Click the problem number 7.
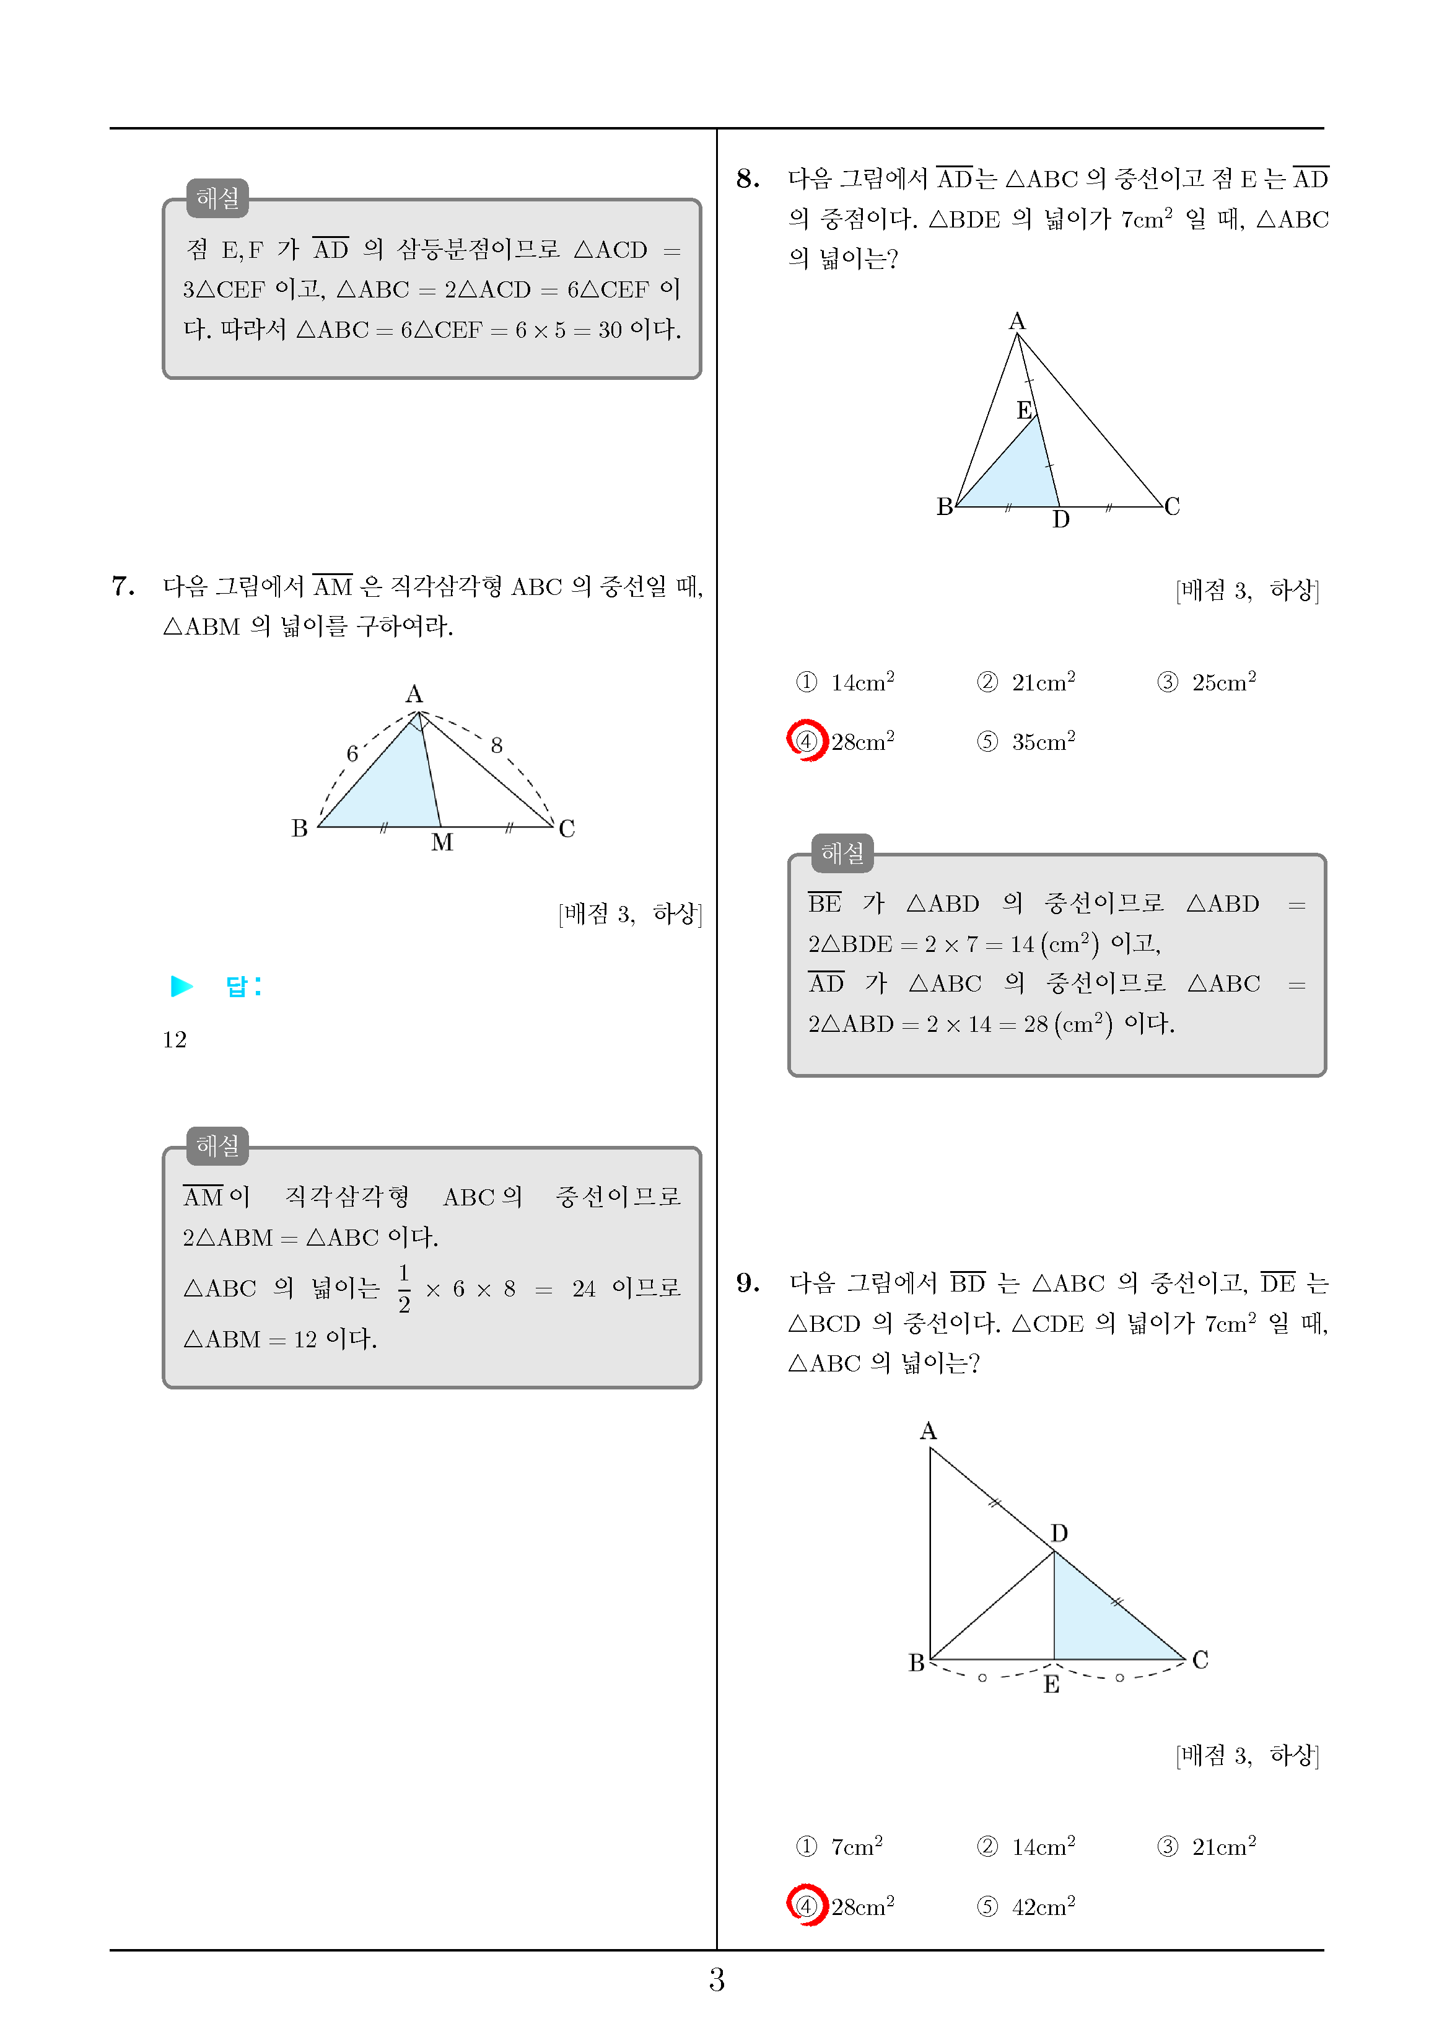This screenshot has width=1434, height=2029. pyautogui.click(x=123, y=586)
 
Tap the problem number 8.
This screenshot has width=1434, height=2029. pyautogui.click(x=748, y=179)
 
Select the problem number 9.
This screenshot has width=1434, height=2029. pyautogui.click(x=748, y=1283)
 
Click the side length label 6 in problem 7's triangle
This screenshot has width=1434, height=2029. pyautogui.click(x=352, y=754)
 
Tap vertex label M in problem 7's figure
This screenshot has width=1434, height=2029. pyautogui.click(x=442, y=843)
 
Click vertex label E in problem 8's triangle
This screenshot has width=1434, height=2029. pyautogui.click(x=1024, y=411)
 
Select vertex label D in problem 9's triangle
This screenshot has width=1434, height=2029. pyautogui.click(x=1059, y=1533)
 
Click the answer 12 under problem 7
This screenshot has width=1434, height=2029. pyautogui.click(x=175, y=1040)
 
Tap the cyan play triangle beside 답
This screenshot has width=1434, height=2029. pyautogui.click(x=182, y=986)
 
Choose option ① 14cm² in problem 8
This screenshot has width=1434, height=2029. pyautogui.click(x=846, y=682)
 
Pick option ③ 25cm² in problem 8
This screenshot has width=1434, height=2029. pyautogui.click(x=1207, y=682)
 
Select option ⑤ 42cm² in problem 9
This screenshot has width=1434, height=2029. pyautogui.click(x=1026, y=1907)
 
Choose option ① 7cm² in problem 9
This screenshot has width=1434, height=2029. pyautogui.click(x=840, y=1847)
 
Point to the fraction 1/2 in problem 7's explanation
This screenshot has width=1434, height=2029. pyautogui.click(x=404, y=1289)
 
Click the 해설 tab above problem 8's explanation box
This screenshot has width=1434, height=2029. pyautogui.click(x=842, y=853)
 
